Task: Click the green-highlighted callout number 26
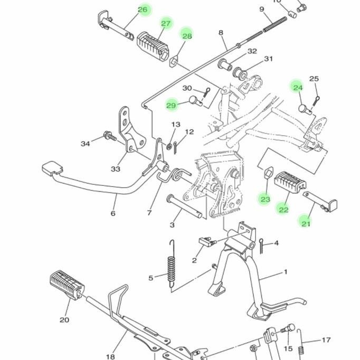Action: pos(143,10)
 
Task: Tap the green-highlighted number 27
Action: pos(166,23)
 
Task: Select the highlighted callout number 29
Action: pos(171,106)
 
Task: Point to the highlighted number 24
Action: pos(298,88)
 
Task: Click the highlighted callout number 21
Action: pos(306,223)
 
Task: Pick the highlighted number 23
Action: pos(265,199)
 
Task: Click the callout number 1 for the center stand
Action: pos(286,272)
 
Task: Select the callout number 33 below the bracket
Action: pos(116,169)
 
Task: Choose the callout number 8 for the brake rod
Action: pos(221,33)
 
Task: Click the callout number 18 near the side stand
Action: pos(110,342)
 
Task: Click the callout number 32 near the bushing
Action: pos(252,51)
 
